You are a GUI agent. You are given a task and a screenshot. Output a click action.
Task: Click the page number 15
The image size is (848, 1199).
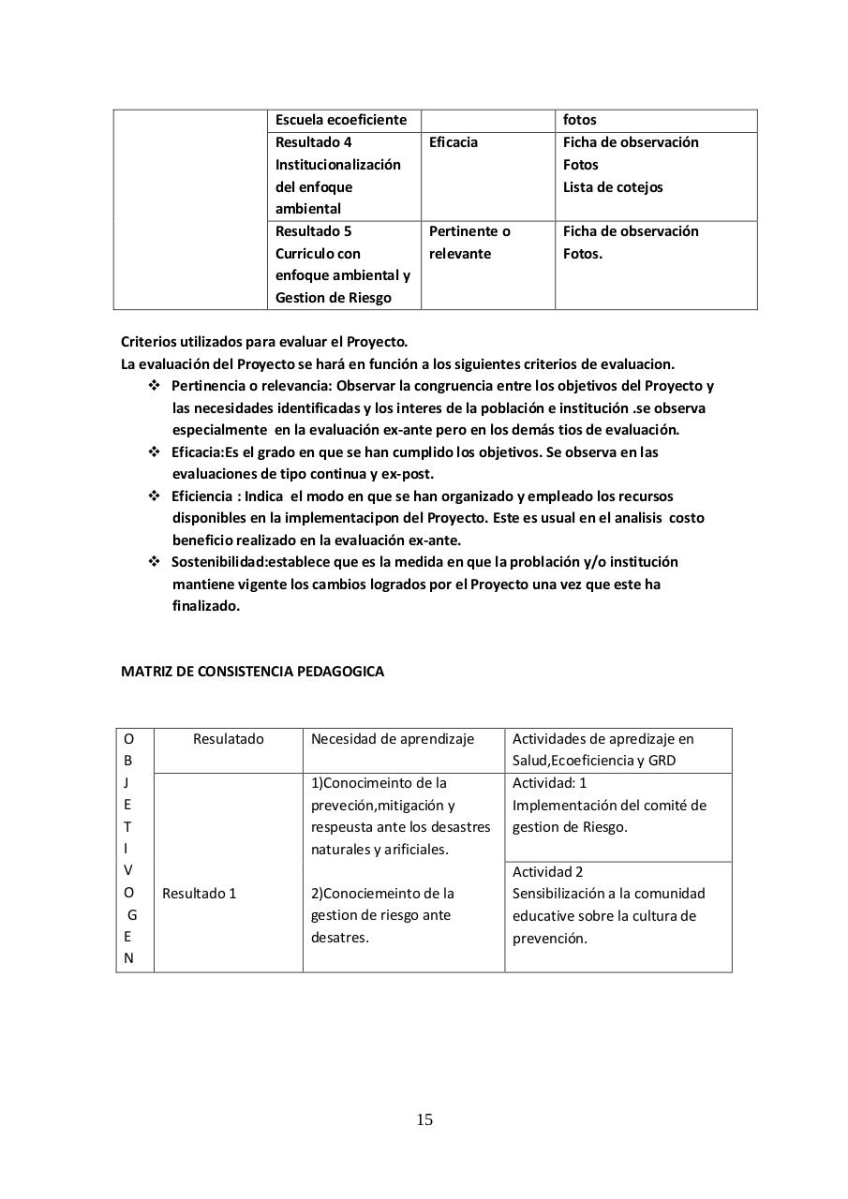[x=424, y=1119]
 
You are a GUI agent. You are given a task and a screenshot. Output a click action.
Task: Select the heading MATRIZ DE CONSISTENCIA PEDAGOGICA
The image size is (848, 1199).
[x=252, y=672]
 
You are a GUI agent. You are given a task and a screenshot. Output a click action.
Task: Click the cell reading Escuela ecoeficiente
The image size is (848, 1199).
[x=341, y=120]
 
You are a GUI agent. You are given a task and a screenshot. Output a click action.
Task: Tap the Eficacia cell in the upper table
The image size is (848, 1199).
[x=454, y=142]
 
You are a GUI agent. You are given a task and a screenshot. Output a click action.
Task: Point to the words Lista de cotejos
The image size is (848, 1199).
[x=612, y=187]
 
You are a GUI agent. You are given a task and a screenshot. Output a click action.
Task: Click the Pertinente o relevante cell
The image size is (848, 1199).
[x=469, y=243]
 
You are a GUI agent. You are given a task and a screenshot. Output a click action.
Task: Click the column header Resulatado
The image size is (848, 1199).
[x=229, y=739]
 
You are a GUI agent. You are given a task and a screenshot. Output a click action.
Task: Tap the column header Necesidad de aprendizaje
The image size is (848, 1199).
[x=393, y=739]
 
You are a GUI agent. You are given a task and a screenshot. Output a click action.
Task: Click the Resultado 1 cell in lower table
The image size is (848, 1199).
[x=200, y=894]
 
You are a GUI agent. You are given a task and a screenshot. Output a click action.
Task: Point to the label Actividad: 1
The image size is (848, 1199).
[x=549, y=783]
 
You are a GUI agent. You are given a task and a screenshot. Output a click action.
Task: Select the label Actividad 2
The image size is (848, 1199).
[x=547, y=872]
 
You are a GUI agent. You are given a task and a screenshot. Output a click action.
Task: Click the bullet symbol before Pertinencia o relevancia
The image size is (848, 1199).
[x=155, y=386]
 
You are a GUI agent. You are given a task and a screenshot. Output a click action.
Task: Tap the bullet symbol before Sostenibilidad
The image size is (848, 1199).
[x=155, y=562]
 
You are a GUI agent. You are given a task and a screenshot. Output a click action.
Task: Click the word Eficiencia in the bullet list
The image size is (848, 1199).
[x=201, y=496]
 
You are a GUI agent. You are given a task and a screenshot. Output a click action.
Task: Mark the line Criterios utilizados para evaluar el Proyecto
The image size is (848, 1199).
[x=264, y=342]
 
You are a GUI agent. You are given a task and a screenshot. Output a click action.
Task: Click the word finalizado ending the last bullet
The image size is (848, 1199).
[x=205, y=606]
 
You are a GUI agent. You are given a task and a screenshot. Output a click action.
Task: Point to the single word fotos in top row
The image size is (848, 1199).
[x=579, y=120]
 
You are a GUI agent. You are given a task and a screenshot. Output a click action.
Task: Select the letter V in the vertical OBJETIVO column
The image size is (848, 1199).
[x=128, y=870]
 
